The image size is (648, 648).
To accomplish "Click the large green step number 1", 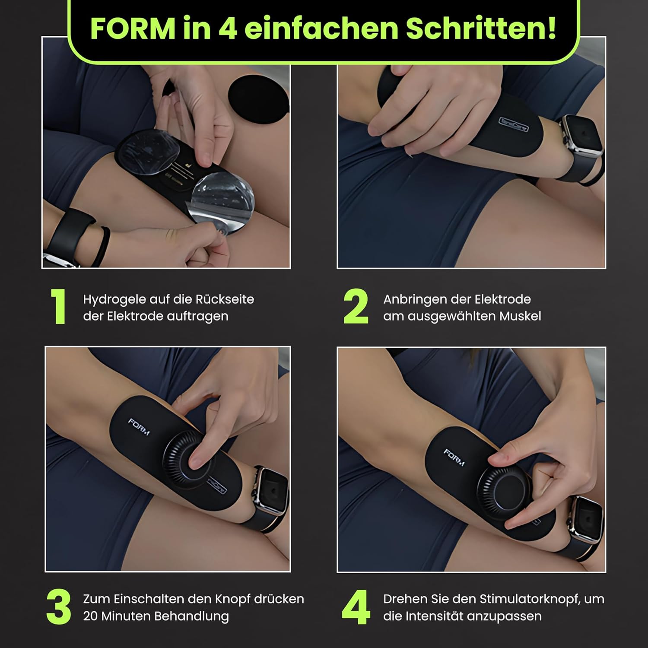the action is click(58, 306).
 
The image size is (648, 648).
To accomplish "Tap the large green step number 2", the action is click(356, 306).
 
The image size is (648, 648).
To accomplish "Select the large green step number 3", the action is click(59, 607).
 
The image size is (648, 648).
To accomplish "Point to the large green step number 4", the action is click(356, 607).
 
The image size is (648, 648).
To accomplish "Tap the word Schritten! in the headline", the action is click(480, 29).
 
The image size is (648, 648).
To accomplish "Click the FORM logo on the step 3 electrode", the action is click(139, 427).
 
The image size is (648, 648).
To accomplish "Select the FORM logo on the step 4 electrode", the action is click(454, 457).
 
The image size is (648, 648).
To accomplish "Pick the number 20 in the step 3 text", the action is click(90, 616).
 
